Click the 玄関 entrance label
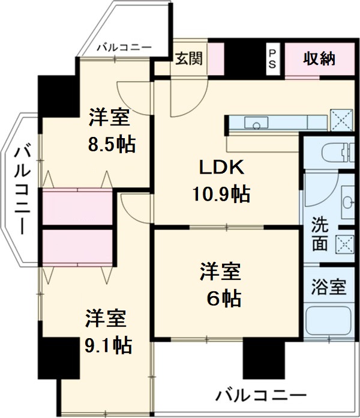click(x=189, y=58)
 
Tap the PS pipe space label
click(x=272, y=59)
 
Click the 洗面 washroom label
click(x=320, y=236)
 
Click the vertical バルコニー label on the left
click(x=22, y=189)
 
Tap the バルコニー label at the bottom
click(x=260, y=396)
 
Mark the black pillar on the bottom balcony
click(x=259, y=358)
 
